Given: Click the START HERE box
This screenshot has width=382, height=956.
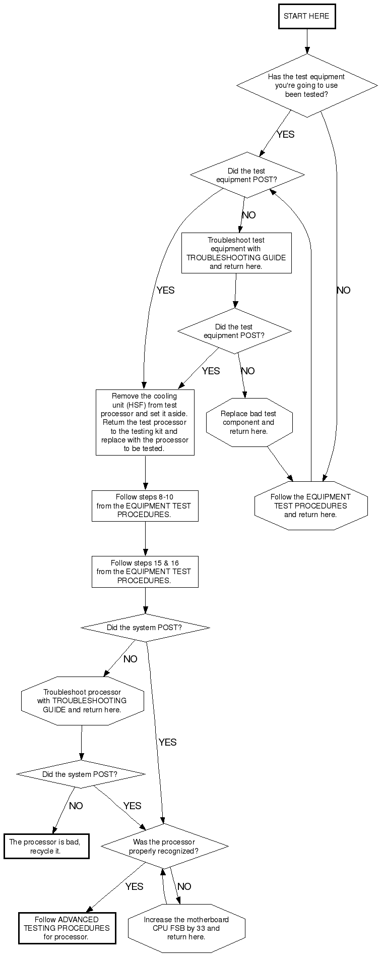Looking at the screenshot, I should click(x=306, y=16).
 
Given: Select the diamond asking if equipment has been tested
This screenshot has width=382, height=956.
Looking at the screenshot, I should click(x=306, y=85).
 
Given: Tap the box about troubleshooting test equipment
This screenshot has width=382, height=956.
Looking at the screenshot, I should click(x=236, y=253).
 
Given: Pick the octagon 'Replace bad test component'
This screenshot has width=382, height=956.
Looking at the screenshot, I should click(x=249, y=422).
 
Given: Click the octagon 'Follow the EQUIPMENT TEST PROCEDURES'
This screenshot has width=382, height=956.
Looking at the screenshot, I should click(x=310, y=505).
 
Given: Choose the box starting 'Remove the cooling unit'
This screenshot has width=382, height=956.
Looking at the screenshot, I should click(x=145, y=422).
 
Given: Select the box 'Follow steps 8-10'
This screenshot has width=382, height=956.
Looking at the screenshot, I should click(x=145, y=505).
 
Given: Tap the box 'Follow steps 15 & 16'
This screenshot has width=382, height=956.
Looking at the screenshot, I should click(x=145, y=572).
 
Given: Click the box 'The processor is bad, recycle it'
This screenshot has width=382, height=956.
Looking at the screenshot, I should click(x=46, y=847).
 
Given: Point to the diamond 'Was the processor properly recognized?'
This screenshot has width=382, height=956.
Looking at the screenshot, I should click(x=164, y=847).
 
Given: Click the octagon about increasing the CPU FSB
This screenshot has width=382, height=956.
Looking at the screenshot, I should click(x=186, y=928).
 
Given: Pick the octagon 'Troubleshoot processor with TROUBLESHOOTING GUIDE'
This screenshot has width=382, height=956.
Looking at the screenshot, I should click(x=82, y=701).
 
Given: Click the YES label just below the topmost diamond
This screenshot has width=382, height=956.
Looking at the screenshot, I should click(x=285, y=135).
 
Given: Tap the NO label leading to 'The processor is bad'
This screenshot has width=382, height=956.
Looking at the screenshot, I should click(x=76, y=806).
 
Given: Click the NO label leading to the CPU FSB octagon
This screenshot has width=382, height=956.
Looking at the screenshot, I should click(x=184, y=886).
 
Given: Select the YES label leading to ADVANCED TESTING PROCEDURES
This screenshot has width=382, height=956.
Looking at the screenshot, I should click(x=134, y=886).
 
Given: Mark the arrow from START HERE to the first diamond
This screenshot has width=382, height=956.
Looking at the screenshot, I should click(x=307, y=41).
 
